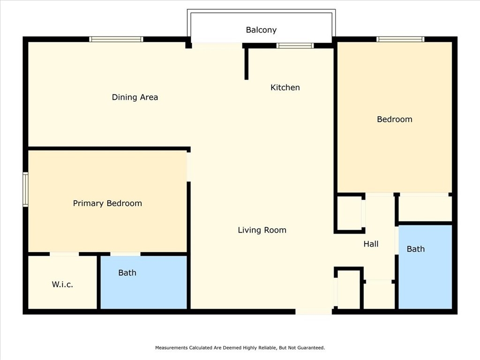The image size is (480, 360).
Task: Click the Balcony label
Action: tap(261, 30)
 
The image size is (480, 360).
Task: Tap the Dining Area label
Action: tap(135, 97)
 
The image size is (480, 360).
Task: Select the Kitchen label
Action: tap(285, 88)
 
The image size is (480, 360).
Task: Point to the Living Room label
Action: tap(262, 230)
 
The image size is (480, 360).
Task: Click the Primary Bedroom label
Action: tap(107, 203)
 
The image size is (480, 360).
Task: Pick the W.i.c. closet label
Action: tap(62, 285)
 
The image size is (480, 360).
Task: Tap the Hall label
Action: tap(371, 244)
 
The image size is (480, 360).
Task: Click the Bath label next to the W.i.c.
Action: tap(127, 273)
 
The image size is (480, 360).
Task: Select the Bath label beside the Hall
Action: tap(416, 249)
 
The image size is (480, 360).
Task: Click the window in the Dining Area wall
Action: tap(116, 39)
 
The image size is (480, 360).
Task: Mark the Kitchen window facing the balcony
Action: tap(295, 45)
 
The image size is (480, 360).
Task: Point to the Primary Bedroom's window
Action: tap(26, 189)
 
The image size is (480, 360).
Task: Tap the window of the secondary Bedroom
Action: tap(400, 39)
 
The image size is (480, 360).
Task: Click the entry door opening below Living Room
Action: tap(314, 312)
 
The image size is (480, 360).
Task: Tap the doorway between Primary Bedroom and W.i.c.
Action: tap(64, 254)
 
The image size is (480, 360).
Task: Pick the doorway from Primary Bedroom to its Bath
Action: tap(125, 254)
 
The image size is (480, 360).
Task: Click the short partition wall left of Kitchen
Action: tap(247, 64)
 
